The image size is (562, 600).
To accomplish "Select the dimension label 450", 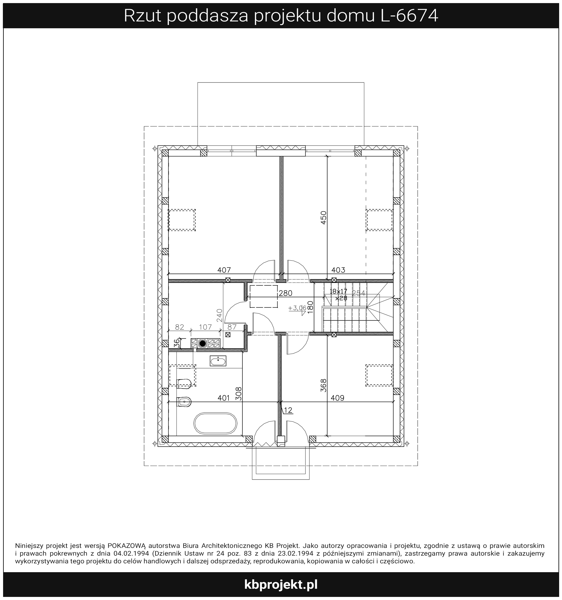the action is pos(323,217).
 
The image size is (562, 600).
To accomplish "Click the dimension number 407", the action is pos(224,270).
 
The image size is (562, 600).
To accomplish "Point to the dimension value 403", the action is pos(338,270).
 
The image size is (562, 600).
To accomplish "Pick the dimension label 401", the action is pos(224,398).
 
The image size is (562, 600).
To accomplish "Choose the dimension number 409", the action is pos(337,398).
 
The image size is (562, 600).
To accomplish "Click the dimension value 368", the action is pos(323,385).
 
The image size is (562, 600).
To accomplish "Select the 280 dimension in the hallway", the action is pos(285,293).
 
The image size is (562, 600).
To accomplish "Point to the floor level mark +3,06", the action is pos(297,308).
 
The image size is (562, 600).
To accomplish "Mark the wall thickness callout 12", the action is pos(288,410).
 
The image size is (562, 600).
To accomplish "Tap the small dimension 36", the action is pos(177,343).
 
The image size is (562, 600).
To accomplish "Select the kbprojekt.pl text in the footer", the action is pos(281,585).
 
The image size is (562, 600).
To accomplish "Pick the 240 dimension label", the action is pos(220,315).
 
